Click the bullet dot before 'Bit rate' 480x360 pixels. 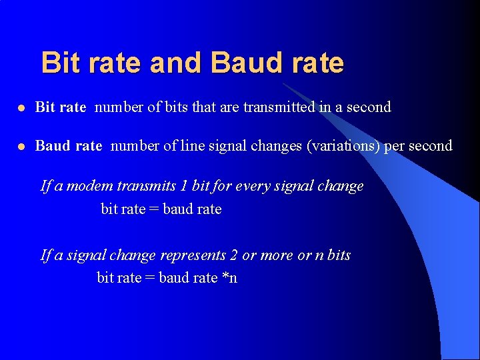[22, 107]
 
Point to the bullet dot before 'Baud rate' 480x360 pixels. [22, 146]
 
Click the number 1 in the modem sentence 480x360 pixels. [183, 185]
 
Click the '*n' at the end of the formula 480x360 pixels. [229, 277]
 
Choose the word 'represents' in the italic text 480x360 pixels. [193, 255]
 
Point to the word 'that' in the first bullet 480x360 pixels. [203, 107]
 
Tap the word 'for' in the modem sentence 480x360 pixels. [222, 185]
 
